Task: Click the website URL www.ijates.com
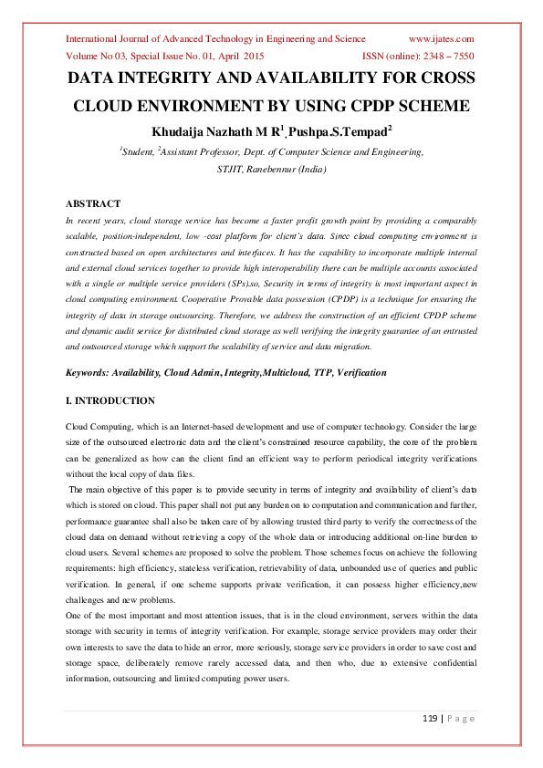[441, 39]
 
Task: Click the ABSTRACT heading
[93, 203]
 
